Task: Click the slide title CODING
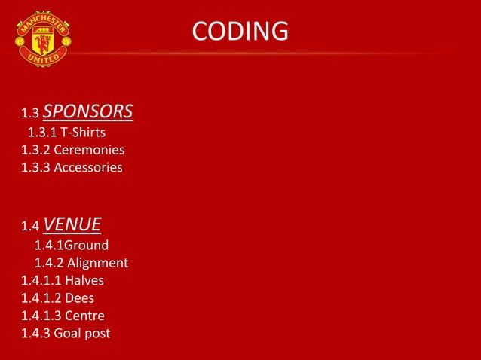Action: pyautogui.click(x=240, y=32)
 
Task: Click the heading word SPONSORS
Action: pyautogui.click(x=87, y=112)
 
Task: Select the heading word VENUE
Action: pyautogui.click(x=72, y=224)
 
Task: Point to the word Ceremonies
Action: pyautogui.click(x=89, y=150)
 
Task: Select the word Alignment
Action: pyautogui.click(x=97, y=263)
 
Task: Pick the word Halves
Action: pyautogui.click(x=84, y=280)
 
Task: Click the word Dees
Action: pyautogui.click(x=79, y=297)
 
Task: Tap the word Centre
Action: pyautogui.click(x=84, y=315)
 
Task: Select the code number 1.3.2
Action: pyautogui.click(x=35, y=150)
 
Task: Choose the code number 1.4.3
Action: pyautogui.click(x=35, y=332)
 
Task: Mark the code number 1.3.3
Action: pyautogui.click(x=35, y=167)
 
